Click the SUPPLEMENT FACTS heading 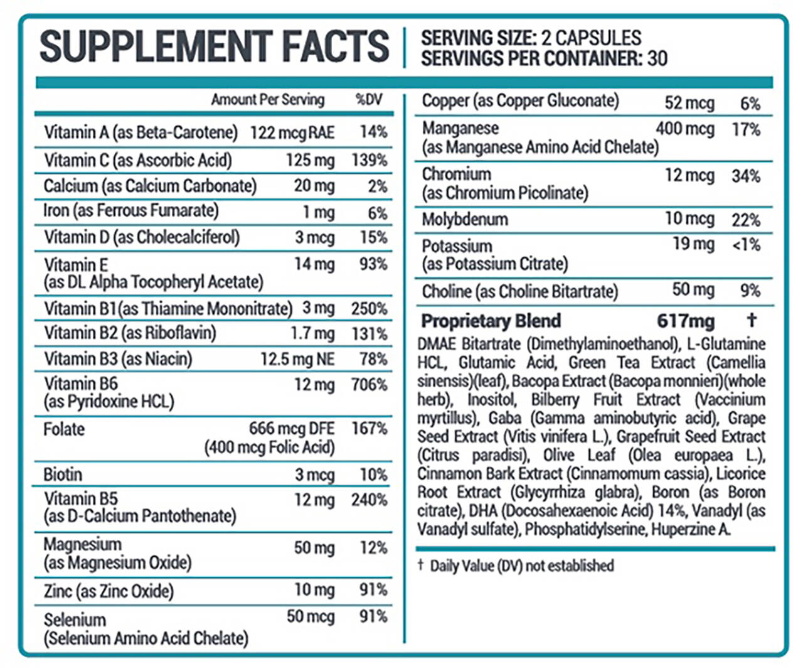(215, 46)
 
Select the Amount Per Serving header (268, 99)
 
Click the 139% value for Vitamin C (369, 160)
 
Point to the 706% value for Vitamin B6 (369, 384)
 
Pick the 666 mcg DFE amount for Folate (292, 429)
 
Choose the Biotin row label (63, 474)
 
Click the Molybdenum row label (465, 219)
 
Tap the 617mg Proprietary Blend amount (686, 321)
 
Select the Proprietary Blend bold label (491, 321)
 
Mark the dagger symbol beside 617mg (752, 320)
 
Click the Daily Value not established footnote (521, 566)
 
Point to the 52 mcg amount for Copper (689, 102)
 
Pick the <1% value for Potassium (746, 244)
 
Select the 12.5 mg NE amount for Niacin (297, 359)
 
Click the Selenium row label (75, 620)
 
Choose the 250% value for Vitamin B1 (369, 309)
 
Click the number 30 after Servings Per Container (657, 58)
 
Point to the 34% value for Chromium (746, 176)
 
